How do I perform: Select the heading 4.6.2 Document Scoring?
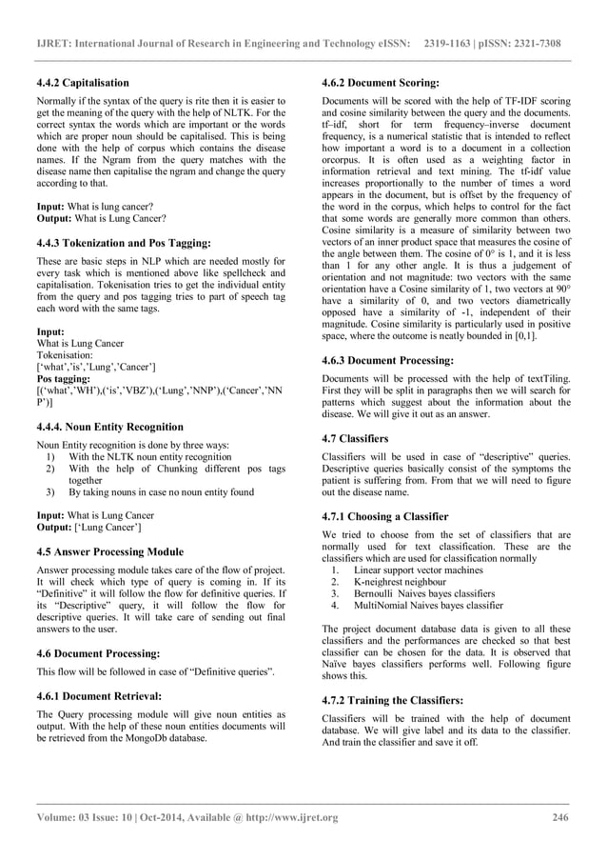[382, 83]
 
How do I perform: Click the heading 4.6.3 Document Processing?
[388, 362]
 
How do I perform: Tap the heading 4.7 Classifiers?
[356, 439]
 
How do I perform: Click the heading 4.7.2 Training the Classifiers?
[393, 700]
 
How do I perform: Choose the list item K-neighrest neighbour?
[400, 582]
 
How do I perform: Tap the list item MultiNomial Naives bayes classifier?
[428, 605]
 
